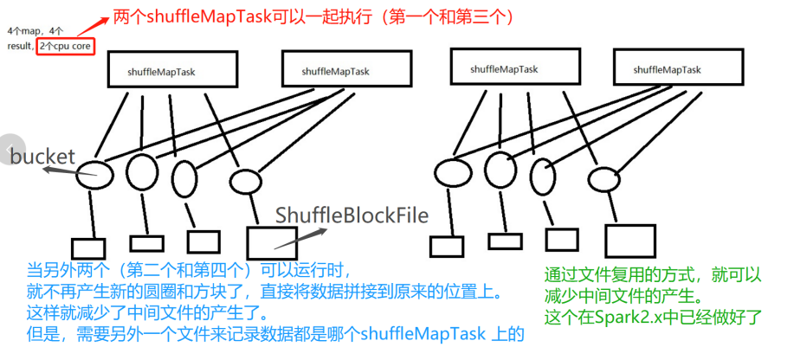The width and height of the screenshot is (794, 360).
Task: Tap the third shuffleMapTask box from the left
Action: (x=504, y=67)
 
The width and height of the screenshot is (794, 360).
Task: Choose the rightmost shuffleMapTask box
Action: (x=666, y=67)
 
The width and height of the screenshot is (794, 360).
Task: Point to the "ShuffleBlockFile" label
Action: (x=352, y=215)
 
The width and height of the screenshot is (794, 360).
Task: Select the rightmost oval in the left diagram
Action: (x=245, y=181)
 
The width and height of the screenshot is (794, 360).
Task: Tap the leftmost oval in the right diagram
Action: (x=450, y=172)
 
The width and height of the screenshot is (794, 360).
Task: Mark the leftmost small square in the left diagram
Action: (x=87, y=247)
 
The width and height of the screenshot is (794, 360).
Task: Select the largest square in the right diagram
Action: (x=624, y=241)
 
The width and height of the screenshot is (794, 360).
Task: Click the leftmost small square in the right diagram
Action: (x=444, y=247)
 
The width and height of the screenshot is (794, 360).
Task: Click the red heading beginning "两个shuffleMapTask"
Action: (x=320, y=16)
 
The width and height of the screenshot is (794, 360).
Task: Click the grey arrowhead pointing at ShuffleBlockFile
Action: (x=322, y=229)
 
